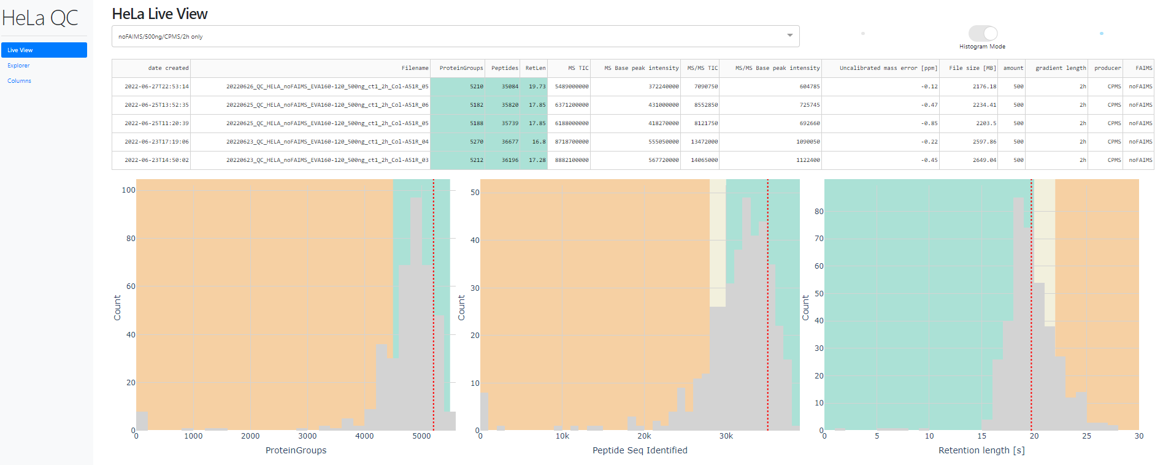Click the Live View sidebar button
44,50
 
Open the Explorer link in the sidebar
18,66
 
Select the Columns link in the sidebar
19,81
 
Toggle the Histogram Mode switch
983,33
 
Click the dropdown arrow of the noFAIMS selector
789,36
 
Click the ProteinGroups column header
461,68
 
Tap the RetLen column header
535,68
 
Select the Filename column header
415,68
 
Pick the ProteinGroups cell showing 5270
476,142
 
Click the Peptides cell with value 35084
510,86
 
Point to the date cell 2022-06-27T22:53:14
156,86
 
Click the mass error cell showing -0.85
929,123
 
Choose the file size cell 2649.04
984,160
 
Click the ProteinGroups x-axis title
296,450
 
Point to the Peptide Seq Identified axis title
640,450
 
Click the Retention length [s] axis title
981,450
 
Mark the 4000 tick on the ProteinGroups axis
364,436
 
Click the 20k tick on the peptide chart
644,436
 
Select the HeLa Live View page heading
159,14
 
